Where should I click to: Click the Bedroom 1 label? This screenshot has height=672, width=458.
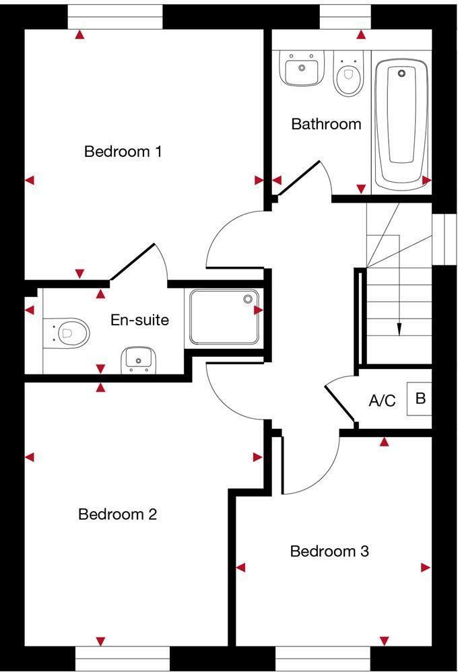tap(123, 152)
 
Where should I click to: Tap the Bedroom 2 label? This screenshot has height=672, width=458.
tap(117, 514)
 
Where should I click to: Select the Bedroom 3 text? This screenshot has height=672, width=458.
tap(329, 551)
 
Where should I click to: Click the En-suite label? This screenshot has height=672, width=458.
tap(139, 320)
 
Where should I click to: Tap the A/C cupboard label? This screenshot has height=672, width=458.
tap(382, 401)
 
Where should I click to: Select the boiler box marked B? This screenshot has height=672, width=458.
tap(420, 399)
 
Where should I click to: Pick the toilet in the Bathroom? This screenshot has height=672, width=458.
tap(348, 75)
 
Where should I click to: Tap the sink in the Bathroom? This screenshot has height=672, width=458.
tap(300, 69)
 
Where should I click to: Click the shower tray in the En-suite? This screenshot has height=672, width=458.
tap(224, 316)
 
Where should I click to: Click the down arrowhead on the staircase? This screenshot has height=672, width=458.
tap(399, 329)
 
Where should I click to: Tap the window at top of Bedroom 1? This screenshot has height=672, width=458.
tap(116, 17)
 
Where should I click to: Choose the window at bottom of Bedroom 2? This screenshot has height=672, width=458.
tap(123, 658)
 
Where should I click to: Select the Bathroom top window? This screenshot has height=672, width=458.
tap(345, 17)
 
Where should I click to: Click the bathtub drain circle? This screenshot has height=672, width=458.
tap(401, 73)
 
